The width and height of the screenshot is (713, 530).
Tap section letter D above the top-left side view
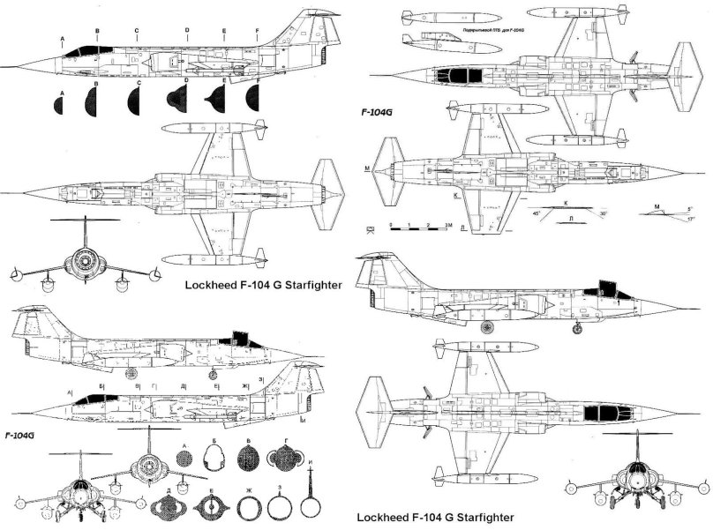pos(187,30)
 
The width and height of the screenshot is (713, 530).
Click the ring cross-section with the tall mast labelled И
pos(309,497)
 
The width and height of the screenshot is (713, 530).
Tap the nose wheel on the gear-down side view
pos(577,329)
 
